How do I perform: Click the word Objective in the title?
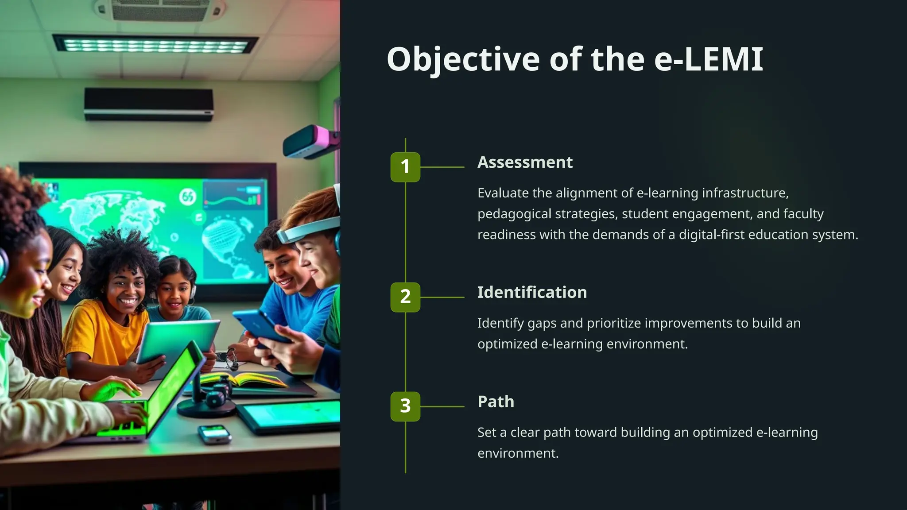[x=463, y=59]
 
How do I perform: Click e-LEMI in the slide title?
[x=709, y=59]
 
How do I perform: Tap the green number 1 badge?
[x=405, y=167]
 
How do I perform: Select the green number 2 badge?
[x=405, y=297]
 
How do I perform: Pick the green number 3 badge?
[x=405, y=406]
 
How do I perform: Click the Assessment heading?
[x=525, y=162]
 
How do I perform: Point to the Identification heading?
[x=532, y=293]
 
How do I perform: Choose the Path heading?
[x=496, y=402]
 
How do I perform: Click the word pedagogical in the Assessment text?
[x=514, y=214]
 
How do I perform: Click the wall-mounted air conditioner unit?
[x=149, y=104]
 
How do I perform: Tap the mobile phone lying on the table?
[x=214, y=434]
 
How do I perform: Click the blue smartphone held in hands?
[x=261, y=325]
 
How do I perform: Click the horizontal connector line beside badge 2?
[x=442, y=297]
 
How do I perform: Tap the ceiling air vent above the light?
[x=159, y=10]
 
